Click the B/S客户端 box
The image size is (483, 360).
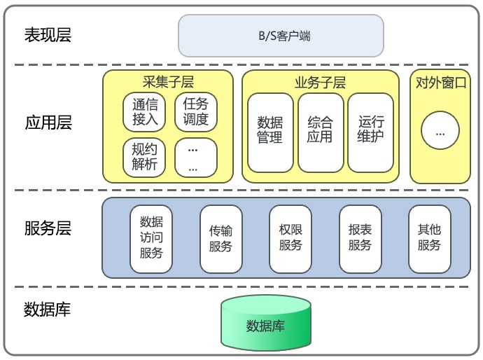click(x=281, y=36)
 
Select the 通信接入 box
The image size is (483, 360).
click(x=145, y=112)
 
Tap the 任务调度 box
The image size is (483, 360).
click(x=196, y=112)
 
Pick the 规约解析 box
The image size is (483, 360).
click(x=145, y=158)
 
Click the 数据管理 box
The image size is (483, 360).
click(x=269, y=132)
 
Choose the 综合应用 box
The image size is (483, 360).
click(x=320, y=132)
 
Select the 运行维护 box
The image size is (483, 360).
click(x=370, y=132)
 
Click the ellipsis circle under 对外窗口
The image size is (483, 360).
click(x=440, y=131)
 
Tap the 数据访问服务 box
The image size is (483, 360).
click(x=151, y=238)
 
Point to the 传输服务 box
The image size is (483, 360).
click(x=220, y=238)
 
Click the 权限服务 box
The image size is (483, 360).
click(x=290, y=238)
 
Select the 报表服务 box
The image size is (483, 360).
click(x=360, y=238)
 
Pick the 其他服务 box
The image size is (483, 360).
click(x=429, y=238)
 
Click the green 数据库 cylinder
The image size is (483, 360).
click(x=266, y=324)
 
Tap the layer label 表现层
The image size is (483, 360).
click(x=48, y=35)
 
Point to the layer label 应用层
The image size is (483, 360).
click(x=48, y=123)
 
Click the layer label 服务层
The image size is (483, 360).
click(x=48, y=228)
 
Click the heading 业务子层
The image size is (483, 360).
click(x=320, y=83)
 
